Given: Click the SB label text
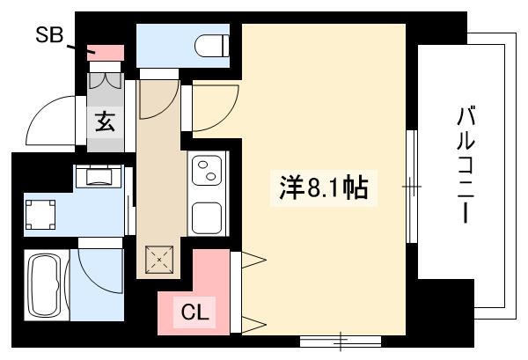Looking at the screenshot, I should pos(48,35).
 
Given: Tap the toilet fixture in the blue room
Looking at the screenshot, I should pos(209,44).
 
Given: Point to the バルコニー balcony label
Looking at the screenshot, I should pos(466,164).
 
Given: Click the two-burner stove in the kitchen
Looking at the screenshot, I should pos(209,172).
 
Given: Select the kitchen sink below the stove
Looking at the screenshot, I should pos(209,217).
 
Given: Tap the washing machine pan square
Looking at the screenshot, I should pos(40,214).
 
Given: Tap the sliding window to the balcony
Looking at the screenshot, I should pos(411,187).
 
